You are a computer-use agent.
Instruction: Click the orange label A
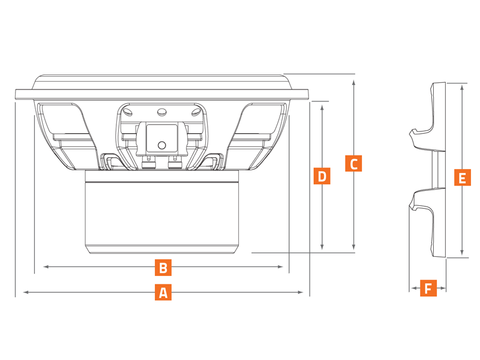(163, 292)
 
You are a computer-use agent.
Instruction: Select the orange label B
(163, 267)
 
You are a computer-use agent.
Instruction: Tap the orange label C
(353, 163)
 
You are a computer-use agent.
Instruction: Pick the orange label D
(322, 176)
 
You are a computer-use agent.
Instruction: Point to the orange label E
(462, 177)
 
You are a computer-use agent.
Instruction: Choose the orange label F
(428, 288)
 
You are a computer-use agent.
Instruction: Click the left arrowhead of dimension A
(25, 292)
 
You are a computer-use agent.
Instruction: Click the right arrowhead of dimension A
(300, 292)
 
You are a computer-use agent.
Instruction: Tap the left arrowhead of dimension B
(46, 267)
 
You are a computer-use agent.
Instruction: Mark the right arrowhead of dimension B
(280, 267)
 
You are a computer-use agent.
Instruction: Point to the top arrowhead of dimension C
(354, 83)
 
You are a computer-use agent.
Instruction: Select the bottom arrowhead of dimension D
(322, 246)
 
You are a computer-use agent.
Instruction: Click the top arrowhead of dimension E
(462, 88)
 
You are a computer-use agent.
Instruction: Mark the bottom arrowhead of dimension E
(462, 252)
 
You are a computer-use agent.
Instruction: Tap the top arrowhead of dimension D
(322, 108)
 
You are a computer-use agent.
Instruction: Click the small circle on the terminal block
(162, 145)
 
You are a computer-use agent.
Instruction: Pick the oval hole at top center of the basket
(162, 112)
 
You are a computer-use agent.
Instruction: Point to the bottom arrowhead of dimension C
(354, 246)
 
